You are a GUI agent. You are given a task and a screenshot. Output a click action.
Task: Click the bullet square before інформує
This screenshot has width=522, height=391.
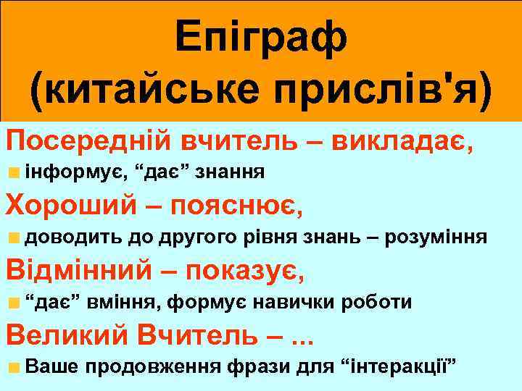[14, 172]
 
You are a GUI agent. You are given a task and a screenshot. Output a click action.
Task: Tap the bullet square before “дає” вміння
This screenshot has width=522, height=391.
[14, 303]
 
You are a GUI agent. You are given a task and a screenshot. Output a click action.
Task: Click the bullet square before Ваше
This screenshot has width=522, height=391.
[14, 367]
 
